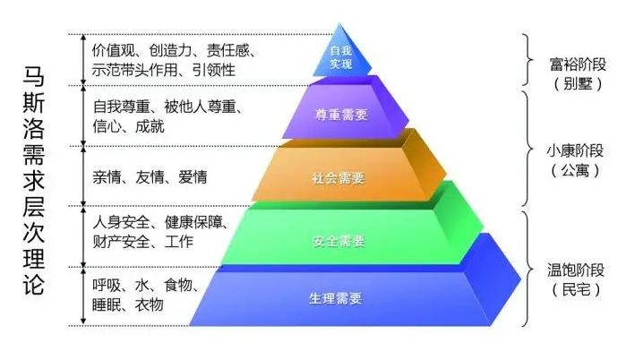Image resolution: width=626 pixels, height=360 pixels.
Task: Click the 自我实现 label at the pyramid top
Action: pos(340,57)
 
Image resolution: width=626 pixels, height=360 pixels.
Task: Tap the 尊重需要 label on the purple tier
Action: pos(341,115)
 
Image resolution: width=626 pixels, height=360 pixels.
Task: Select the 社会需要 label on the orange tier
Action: pos(339,178)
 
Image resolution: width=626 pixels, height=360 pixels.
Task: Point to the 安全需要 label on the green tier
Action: pos(339,241)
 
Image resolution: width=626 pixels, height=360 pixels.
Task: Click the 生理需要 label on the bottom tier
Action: pos(336,298)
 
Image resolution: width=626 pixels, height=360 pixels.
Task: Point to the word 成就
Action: pos(150,126)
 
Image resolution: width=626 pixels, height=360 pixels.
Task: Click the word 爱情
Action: pos(193,177)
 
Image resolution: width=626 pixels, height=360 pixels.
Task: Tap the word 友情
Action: pos(150,177)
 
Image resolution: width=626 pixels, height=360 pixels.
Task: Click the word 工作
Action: pos(178,242)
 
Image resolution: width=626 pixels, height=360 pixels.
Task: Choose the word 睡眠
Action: pos(107,304)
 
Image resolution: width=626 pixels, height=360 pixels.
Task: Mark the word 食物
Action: pos(178,285)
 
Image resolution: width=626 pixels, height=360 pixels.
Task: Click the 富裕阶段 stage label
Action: pos(578,64)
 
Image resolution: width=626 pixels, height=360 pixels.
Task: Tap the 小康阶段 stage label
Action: pos(575,150)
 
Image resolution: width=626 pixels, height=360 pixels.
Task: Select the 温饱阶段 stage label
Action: pos(576,270)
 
